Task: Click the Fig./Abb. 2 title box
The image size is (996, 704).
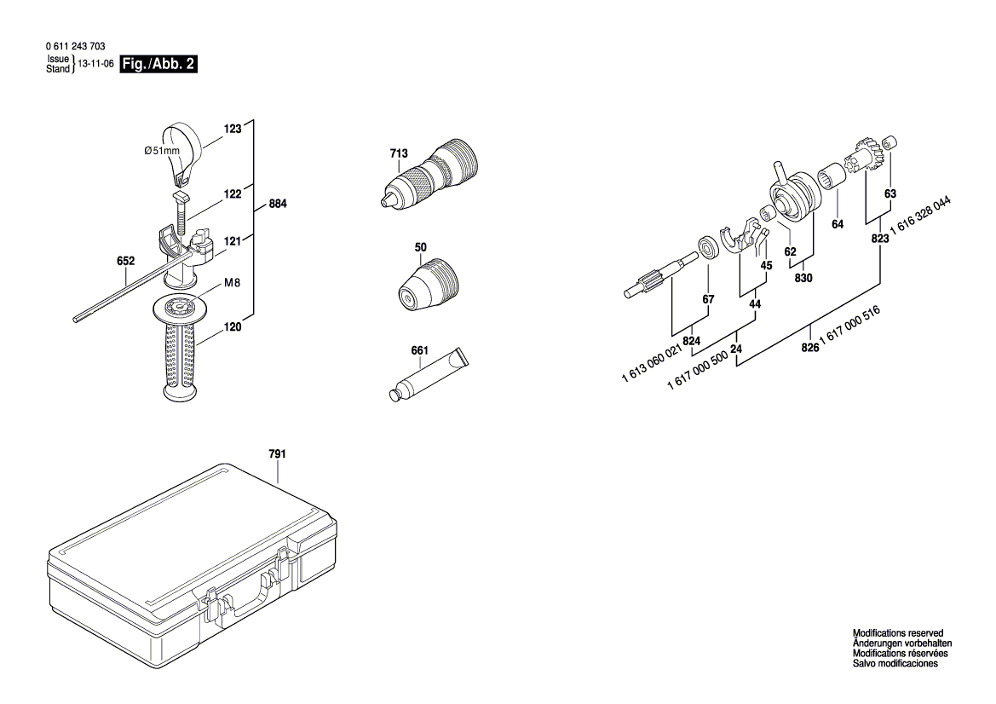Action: (x=159, y=65)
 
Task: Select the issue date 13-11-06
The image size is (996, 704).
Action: (x=95, y=64)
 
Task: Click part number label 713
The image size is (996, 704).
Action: (x=398, y=153)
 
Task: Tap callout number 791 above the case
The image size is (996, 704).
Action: (x=277, y=454)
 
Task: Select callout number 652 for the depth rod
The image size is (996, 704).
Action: (x=125, y=261)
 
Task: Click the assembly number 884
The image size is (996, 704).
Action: (x=278, y=205)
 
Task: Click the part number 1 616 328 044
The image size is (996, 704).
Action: (x=921, y=220)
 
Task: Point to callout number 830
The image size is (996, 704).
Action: (x=803, y=278)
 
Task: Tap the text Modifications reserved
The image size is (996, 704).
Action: (x=898, y=633)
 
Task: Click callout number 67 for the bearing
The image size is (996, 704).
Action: (x=708, y=298)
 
